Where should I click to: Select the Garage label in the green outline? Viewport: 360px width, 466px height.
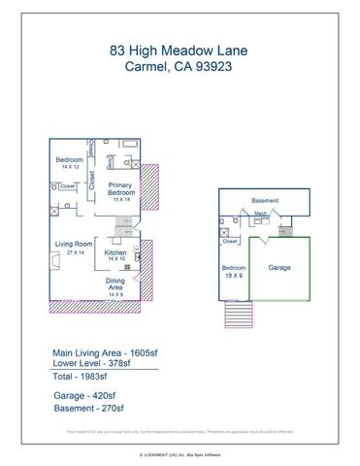[x=279, y=267]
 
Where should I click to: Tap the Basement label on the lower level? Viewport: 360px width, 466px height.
[x=265, y=201]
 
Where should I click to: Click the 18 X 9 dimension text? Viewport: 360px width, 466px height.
[x=234, y=275]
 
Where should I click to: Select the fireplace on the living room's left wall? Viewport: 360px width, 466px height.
[x=51, y=259]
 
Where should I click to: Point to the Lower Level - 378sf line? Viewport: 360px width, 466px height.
[x=99, y=363]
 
